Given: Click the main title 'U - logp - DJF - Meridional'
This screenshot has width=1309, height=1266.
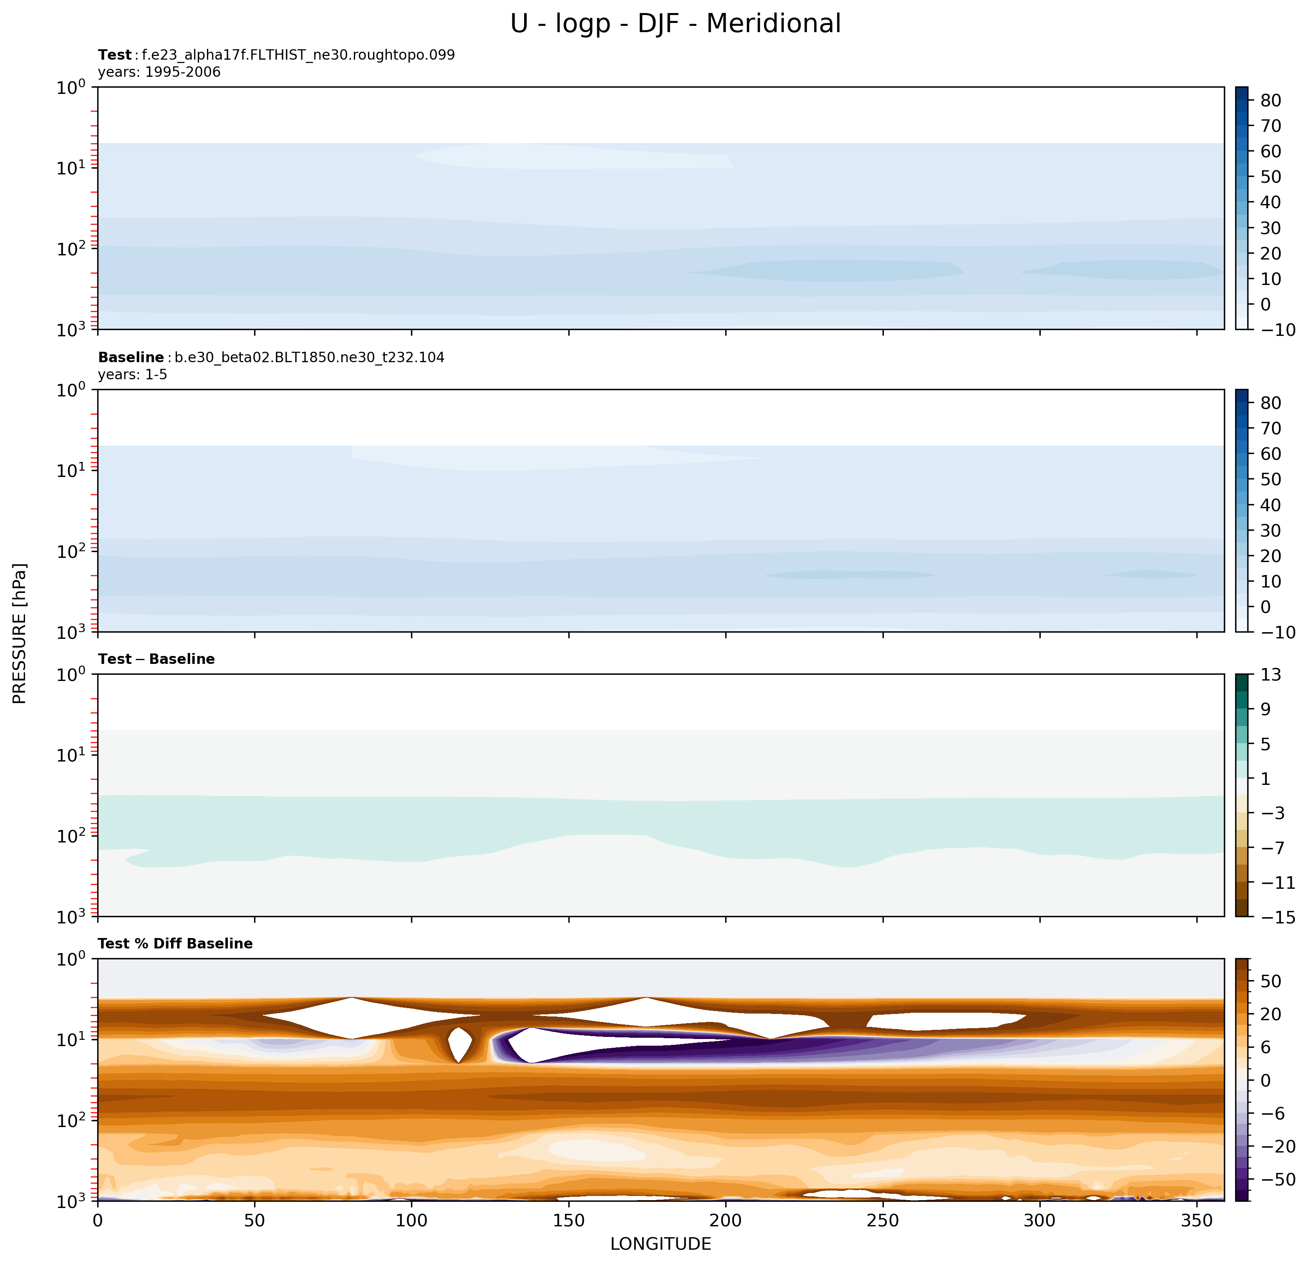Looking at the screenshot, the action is point(675,24).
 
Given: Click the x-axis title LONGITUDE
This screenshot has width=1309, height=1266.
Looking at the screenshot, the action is point(661,1244).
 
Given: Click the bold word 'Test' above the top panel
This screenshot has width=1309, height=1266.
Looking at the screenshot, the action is point(115,55).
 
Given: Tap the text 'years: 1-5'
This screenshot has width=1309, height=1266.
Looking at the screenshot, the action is point(133,375).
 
